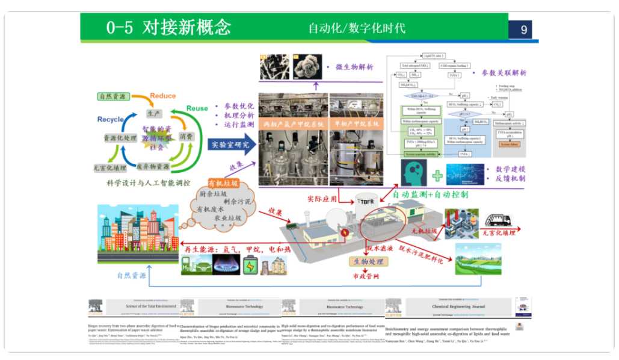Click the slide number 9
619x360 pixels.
point(523,29)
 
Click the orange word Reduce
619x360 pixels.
point(162,96)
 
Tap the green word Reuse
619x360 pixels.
point(197,108)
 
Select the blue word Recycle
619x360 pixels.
point(111,119)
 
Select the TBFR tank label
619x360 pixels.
point(366,201)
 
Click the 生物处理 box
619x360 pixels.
point(368,261)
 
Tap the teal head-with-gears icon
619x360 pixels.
point(414,173)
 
